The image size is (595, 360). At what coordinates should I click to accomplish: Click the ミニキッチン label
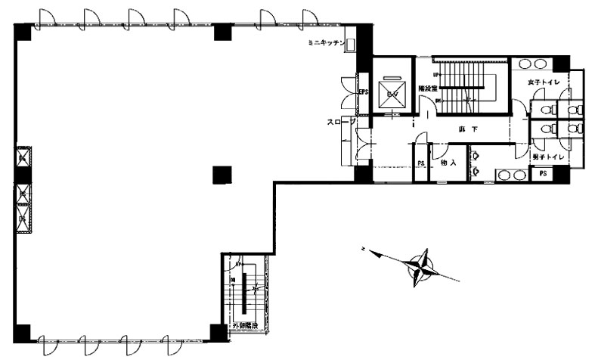(x=326, y=44)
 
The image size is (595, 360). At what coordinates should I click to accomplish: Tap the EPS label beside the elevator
(x=363, y=93)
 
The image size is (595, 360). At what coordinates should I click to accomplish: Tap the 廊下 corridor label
(x=468, y=130)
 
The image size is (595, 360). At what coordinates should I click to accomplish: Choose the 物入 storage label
(x=448, y=163)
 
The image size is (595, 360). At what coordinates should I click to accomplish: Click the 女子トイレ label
(x=544, y=82)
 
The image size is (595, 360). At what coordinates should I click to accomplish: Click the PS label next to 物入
(x=421, y=163)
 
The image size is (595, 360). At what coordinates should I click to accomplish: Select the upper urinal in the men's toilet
(x=476, y=156)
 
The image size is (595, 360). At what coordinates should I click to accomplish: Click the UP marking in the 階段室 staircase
(x=436, y=75)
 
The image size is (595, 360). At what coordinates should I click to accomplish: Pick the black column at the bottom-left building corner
(x=23, y=332)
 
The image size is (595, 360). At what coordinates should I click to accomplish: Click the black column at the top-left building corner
(x=23, y=33)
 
